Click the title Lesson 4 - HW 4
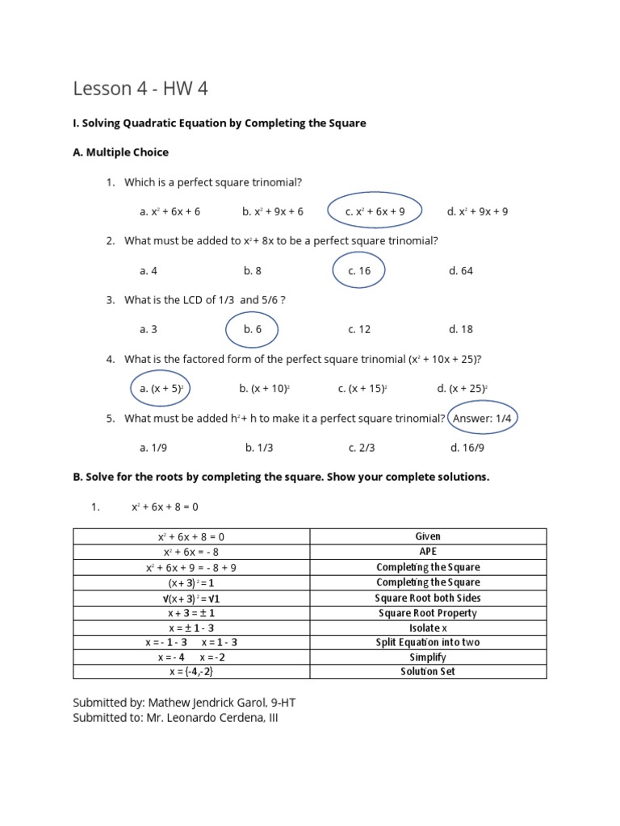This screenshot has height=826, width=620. (140, 88)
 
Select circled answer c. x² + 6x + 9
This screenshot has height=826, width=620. (375, 211)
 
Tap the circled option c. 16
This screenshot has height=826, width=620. (359, 271)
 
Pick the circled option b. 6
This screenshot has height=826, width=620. (252, 329)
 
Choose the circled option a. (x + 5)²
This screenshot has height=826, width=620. (161, 388)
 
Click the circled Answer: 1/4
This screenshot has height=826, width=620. (483, 418)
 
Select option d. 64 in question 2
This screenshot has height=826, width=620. (461, 271)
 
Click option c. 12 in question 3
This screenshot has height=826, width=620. (359, 329)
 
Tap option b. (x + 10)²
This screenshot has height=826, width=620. (264, 388)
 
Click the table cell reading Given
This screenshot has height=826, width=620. (428, 536)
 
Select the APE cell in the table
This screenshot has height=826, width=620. (428, 552)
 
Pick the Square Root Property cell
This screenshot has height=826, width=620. (428, 613)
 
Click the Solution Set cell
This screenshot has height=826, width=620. (428, 671)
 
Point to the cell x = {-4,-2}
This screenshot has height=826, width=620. (191, 671)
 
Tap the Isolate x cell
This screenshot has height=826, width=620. (428, 628)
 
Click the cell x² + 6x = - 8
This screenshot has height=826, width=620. (191, 552)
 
